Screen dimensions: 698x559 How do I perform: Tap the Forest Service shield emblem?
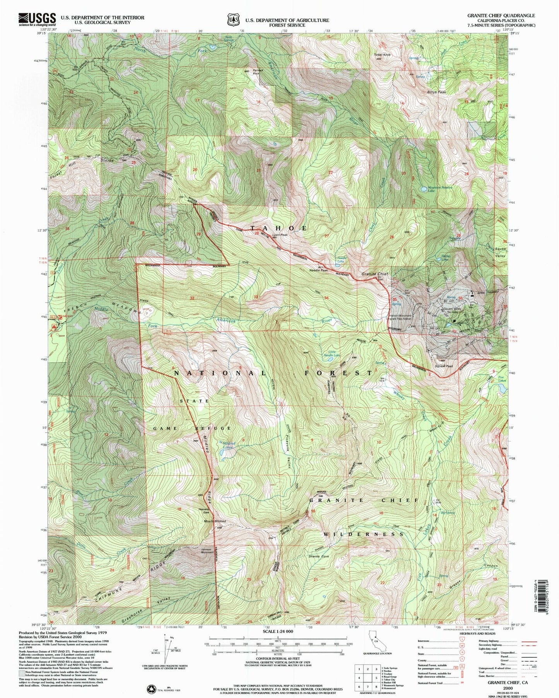[x=233, y=19]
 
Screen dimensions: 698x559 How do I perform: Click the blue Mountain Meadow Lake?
[x=424, y=190]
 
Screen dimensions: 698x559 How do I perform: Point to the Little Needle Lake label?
[x=332, y=353]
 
